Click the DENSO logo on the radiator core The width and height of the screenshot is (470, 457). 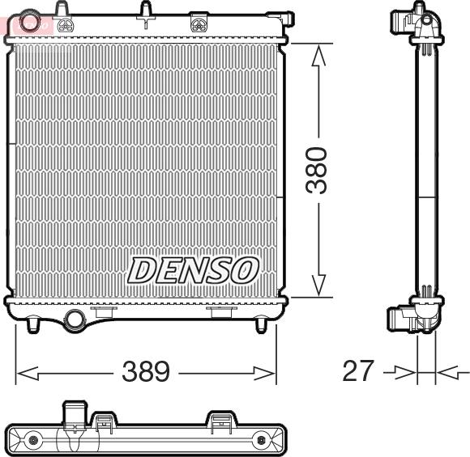click(194, 270)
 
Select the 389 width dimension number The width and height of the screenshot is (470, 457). click(146, 371)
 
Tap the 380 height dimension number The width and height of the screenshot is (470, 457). click(316, 170)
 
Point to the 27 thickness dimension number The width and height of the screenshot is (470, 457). click(358, 370)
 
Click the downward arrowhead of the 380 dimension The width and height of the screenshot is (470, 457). click(318, 286)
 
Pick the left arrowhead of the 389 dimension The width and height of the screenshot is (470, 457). click(28, 373)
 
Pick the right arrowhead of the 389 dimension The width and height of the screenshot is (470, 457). click(264, 373)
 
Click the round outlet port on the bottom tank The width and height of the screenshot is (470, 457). click(75, 319)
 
